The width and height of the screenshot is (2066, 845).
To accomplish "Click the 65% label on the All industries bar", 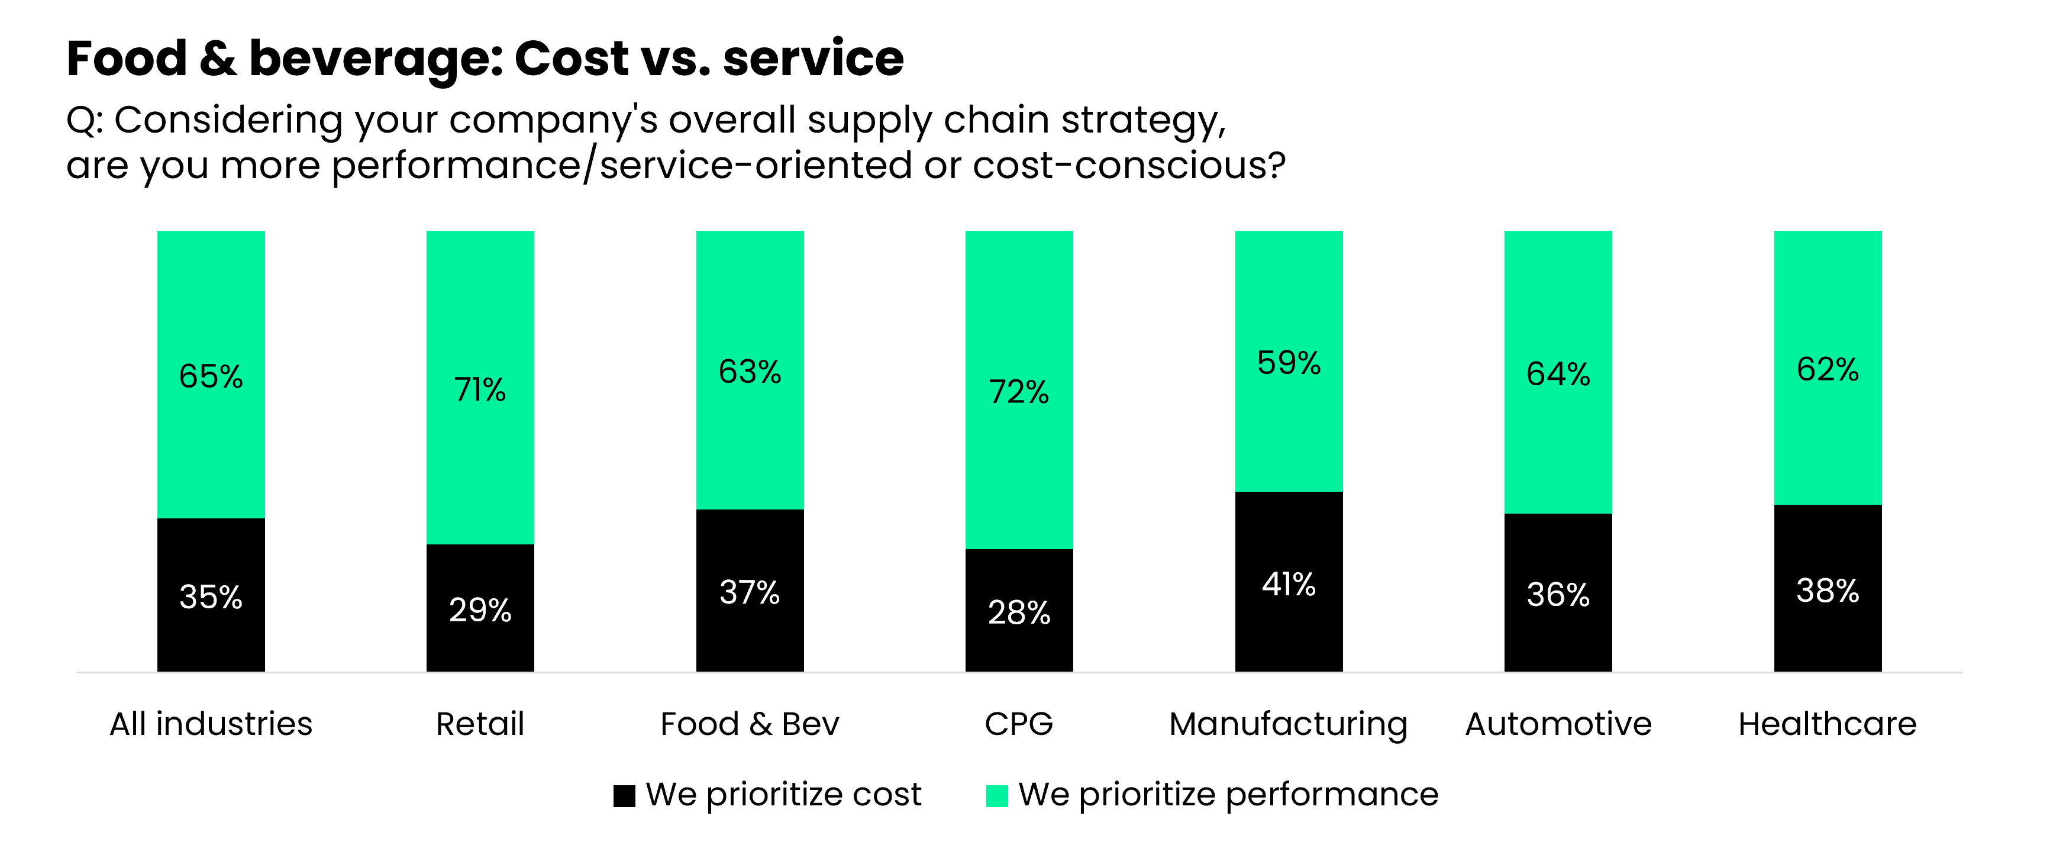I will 211,376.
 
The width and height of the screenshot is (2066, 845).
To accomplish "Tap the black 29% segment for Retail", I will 480,608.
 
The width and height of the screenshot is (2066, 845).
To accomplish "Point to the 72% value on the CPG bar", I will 1019,392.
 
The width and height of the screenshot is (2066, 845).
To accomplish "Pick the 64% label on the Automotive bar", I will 1558,374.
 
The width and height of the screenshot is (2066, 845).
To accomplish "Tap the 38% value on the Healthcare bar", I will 1827,591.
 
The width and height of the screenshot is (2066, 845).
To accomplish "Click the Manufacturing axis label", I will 1288,724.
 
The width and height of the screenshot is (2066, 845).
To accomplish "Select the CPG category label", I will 1019,724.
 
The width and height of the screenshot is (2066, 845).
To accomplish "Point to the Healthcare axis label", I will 1827,724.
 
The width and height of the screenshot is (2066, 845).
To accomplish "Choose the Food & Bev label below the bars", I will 749,724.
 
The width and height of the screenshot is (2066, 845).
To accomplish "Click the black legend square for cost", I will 624,795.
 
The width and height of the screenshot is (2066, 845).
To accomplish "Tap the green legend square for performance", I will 996,795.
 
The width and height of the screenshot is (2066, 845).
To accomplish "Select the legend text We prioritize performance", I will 1228,795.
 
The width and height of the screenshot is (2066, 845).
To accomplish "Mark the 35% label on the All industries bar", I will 211,597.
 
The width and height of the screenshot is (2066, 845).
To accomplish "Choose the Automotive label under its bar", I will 1558,724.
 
